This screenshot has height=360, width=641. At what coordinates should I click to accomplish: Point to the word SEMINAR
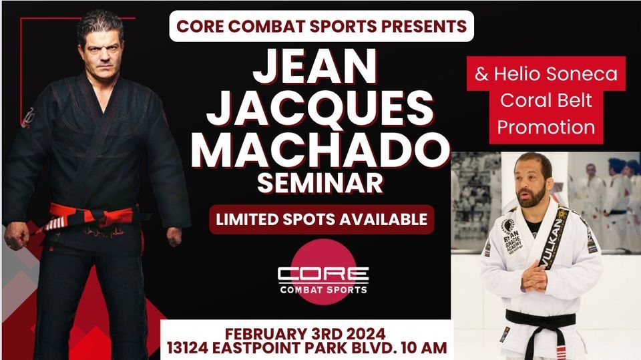point(320,184)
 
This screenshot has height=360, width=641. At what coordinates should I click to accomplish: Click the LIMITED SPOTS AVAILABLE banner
point(321,219)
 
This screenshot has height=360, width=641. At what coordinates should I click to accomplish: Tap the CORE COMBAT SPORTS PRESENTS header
point(321,27)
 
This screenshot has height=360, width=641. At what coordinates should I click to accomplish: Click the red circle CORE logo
point(323,274)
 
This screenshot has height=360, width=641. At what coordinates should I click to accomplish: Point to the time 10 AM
point(423,349)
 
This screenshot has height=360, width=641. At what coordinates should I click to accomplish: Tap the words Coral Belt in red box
point(546,100)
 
